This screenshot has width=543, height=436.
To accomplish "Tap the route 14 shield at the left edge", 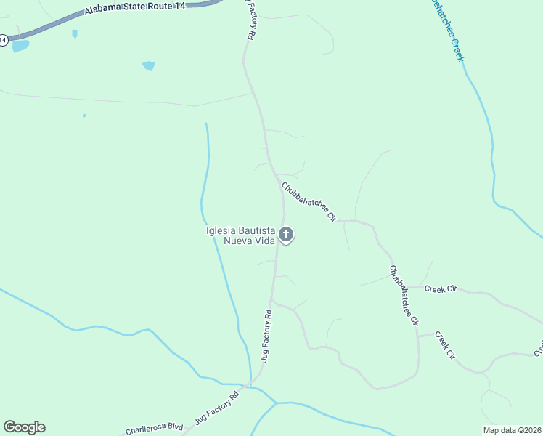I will coord(3,41).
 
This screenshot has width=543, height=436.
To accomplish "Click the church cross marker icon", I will coord(287,235).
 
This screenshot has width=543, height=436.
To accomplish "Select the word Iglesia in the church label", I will coord(223,231).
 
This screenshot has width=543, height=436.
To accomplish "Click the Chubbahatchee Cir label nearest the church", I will coord(309,201).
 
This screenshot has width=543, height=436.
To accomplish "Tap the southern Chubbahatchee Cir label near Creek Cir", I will coord(404,295).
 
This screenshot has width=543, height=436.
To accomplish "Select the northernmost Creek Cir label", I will coord(440,289).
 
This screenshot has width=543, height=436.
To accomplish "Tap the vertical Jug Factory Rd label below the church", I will coord(266,335).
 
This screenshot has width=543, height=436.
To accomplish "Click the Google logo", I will coord(24,427).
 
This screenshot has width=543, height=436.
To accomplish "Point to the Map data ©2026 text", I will coord(512,430).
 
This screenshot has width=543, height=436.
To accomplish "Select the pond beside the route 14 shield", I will coord(20,46).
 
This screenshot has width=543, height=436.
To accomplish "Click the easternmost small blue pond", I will coord(149,66).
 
